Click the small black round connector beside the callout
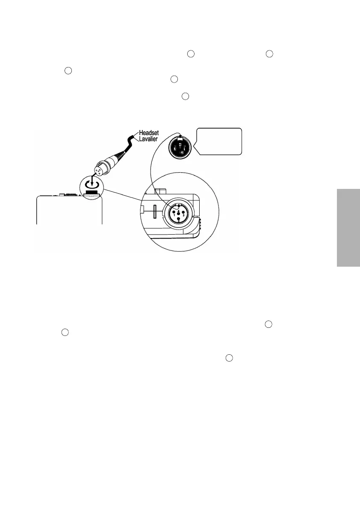tap(180, 147)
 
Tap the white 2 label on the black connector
tap(182, 152)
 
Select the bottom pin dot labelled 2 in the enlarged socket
tap(178, 219)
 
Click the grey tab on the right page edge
tap(348, 227)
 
